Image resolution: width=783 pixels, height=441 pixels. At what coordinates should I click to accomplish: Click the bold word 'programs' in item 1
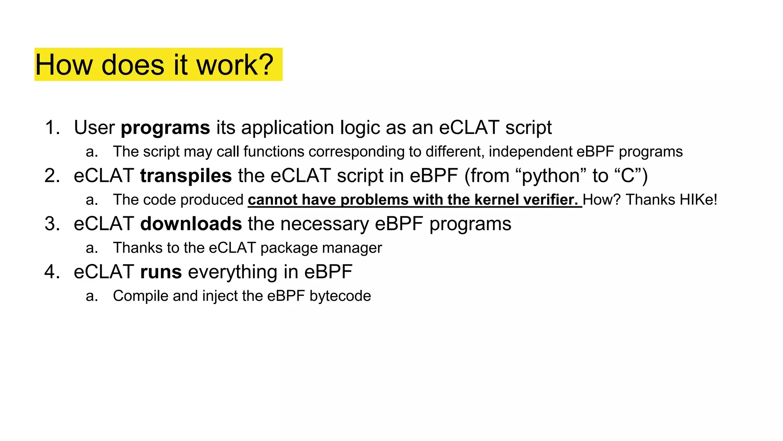pyautogui.click(x=165, y=128)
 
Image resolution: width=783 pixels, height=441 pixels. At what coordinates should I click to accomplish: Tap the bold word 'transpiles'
pyautogui.click(x=186, y=176)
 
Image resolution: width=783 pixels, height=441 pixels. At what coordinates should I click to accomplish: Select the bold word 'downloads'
pyautogui.click(x=191, y=224)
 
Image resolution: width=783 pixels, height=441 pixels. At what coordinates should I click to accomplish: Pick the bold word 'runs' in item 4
pyautogui.click(x=161, y=272)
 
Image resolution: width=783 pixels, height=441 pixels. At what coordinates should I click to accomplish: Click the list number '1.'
pyautogui.click(x=52, y=128)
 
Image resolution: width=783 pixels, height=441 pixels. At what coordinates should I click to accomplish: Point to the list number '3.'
pyautogui.click(x=52, y=224)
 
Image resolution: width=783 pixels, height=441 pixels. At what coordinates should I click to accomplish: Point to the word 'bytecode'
pyautogui.click(x=340, y=296)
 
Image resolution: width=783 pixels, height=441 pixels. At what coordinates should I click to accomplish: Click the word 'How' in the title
pyautogui.click(x=64, y=64)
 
